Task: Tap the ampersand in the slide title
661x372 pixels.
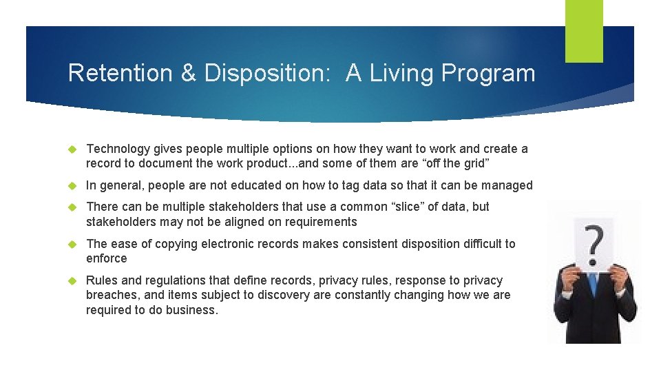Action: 188,73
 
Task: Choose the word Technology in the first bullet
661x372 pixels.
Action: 118,149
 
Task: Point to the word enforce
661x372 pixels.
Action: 107,258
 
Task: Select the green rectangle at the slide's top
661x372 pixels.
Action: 584,31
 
